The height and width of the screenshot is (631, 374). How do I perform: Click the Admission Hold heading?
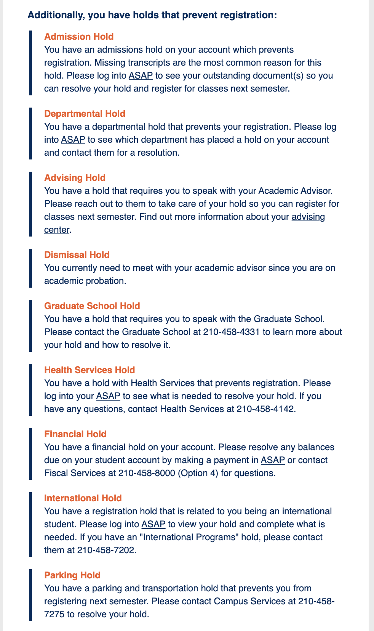click(79, 37)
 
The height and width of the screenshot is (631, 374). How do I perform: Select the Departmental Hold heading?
click(85, 114)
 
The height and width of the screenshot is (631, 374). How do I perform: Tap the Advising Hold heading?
click(75, 178)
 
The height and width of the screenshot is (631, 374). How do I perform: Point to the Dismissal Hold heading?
click(77, 255)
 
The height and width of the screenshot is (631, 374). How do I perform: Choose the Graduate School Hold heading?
click(92, 306)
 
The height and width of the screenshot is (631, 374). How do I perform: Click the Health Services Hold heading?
click(90, 370)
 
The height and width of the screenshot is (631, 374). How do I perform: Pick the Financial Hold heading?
click(75, 434)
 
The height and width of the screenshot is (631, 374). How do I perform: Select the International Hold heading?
click(83, 498)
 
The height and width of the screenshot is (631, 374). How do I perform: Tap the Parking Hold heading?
click(72, 575)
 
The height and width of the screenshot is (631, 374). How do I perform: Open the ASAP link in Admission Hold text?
click(141, 76)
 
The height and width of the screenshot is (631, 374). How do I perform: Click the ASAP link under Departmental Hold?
click(73, 140)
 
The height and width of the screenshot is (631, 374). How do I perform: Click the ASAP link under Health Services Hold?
click(108, 396)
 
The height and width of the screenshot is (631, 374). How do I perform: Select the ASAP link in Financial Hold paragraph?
click(273, 460)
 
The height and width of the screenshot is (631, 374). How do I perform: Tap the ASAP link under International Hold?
click(153, 524)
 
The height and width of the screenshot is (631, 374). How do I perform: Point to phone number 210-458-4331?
click(231, 332)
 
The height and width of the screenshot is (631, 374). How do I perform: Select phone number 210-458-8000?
click(147, 473)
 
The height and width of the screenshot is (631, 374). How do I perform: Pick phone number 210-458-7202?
click(106, 550)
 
